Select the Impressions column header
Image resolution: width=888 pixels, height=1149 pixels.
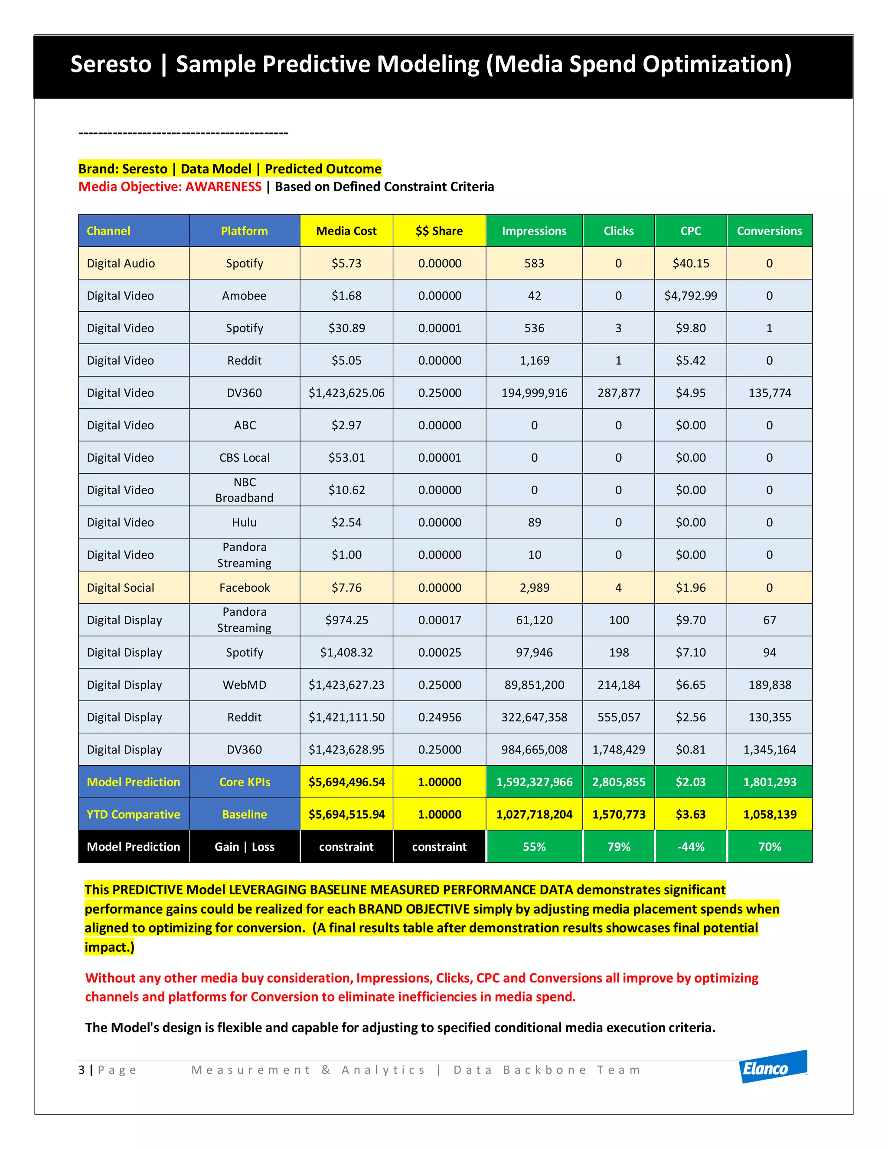point(534,231)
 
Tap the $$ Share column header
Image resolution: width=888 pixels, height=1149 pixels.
point(439,231)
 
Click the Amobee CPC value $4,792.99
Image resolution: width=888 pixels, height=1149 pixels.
point(690,296)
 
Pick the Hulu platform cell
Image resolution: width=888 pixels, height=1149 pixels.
point(244,522)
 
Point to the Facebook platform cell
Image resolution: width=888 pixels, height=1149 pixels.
point(244,588)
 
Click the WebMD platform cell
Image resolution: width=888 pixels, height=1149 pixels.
point(244,685)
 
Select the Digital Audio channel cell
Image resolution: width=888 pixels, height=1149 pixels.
point(121,264)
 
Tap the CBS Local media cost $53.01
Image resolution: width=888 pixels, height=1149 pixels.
point(346,458)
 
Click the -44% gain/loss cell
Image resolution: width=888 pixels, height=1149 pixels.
point(690,847)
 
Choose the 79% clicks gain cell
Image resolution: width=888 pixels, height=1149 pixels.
point(619,847)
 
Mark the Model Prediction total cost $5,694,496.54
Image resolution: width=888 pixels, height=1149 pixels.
point(346,782)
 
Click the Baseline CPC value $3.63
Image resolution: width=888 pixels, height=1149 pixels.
point(690,814)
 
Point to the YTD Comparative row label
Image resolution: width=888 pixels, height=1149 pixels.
point(133,814)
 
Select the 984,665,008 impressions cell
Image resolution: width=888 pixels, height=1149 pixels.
point(534,750)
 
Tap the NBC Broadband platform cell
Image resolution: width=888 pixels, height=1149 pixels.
point(244,490)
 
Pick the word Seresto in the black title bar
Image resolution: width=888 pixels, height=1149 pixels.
point(111,64)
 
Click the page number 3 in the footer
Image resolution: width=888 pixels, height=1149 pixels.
point(82,1070)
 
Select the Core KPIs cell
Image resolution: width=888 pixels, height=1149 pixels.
point(244,782)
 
